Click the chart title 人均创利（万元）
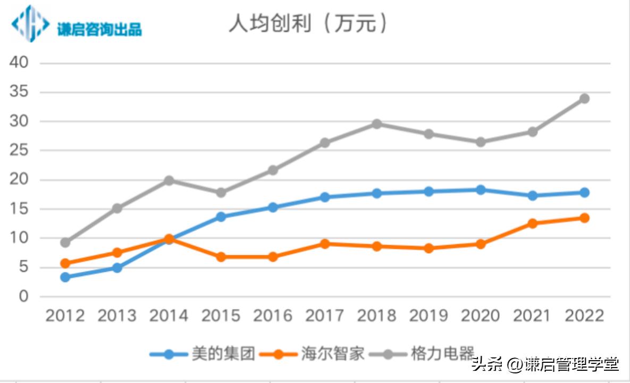[x=308, y=24]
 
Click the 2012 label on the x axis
[x=65, y=315]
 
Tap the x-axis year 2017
[x=325, y=315]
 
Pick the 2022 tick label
[x=584, y=315]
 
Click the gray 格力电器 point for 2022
[x=584, y=98]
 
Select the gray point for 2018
[x=376, y=124]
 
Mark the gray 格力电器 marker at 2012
[x=65, y=243]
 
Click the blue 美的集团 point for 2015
[x=221, y=217]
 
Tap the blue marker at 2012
[x=65, y=277]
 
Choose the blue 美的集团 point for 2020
[x=481, y=189]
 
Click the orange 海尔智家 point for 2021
[x=532, y=223]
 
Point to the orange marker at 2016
[x=273, y=257]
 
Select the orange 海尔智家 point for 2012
[x=65, y=263]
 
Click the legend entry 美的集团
[x=223, y=354]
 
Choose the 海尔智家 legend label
[x=333, y=354]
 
